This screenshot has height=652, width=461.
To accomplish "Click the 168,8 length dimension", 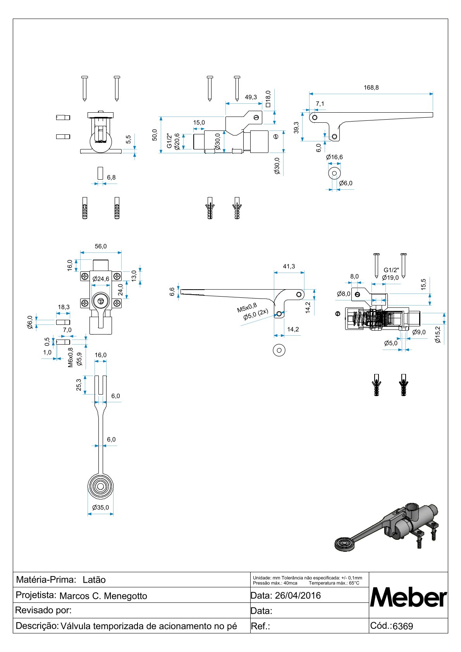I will point(371,88).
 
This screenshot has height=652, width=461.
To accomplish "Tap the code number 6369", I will point(403,626).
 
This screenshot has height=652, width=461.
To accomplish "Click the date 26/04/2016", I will point(298,595).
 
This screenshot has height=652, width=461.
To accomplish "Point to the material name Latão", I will point(94,580).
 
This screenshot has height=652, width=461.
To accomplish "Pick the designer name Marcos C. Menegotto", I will point(103,596).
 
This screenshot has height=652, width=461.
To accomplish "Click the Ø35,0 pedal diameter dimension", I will point(100,508).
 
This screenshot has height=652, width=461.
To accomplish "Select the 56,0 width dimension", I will point(100,246).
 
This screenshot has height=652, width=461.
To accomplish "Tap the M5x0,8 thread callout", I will point(247,308).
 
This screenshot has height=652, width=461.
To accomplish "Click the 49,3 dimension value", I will point(251,97).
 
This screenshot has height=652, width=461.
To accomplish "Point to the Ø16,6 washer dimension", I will point(334,157).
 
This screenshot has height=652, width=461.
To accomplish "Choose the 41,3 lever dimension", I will point(289,266).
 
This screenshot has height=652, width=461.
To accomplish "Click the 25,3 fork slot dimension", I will point(79,385).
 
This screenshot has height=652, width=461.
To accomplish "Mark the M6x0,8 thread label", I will point(71,357).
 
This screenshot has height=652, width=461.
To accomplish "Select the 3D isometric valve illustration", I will point(387,527).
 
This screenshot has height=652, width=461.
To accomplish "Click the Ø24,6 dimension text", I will point(101,279).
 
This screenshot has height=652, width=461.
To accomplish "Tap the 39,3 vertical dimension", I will point(296,128).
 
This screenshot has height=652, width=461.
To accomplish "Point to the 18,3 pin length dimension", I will point(64,307).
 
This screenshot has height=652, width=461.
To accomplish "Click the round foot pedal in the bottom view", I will point(100,486).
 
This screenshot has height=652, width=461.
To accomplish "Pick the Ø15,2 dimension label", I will point(438,335).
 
